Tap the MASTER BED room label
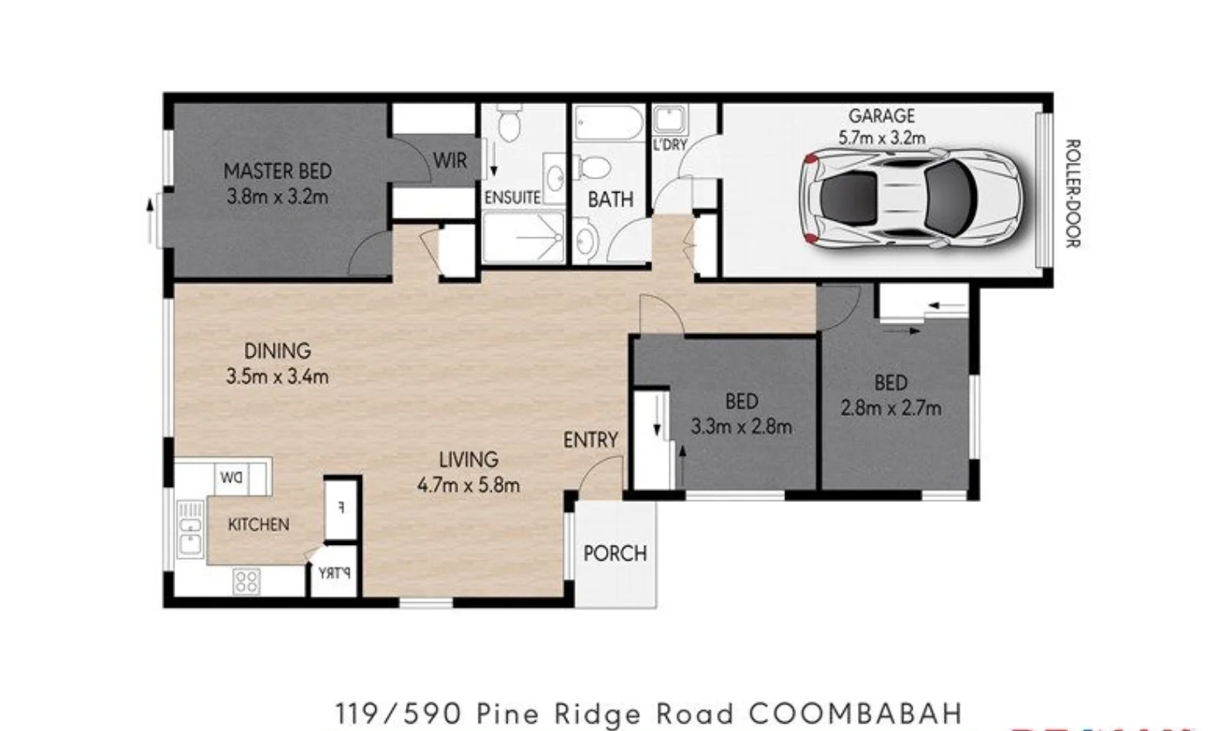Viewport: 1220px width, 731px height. pos(278,171)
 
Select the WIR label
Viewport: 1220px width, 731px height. pos(450,160)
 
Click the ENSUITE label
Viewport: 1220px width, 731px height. pos(512,198)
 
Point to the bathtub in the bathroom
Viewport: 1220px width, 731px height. pos(609,124)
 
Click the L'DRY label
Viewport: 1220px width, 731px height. pos(670,145)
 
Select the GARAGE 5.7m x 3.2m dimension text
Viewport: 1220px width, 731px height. pos(881,138)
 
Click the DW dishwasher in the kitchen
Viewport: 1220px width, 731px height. pos(231,478)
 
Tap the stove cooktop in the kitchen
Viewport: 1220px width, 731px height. pos(246,581)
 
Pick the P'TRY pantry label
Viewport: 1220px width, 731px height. pos(334,572)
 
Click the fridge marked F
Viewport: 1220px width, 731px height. pos(341,508)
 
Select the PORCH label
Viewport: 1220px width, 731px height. pos(615,553)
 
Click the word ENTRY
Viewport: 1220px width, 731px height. pos(590,440)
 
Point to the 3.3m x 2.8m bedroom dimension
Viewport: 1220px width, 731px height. pos(741,427)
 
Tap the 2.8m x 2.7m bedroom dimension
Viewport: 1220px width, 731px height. pos(890,408)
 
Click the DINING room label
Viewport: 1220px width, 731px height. pos(277,351)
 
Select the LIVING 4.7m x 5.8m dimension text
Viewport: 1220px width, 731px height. pos(468,485)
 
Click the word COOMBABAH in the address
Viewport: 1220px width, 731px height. pos(855,713)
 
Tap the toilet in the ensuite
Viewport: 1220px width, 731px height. pos(508,126)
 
